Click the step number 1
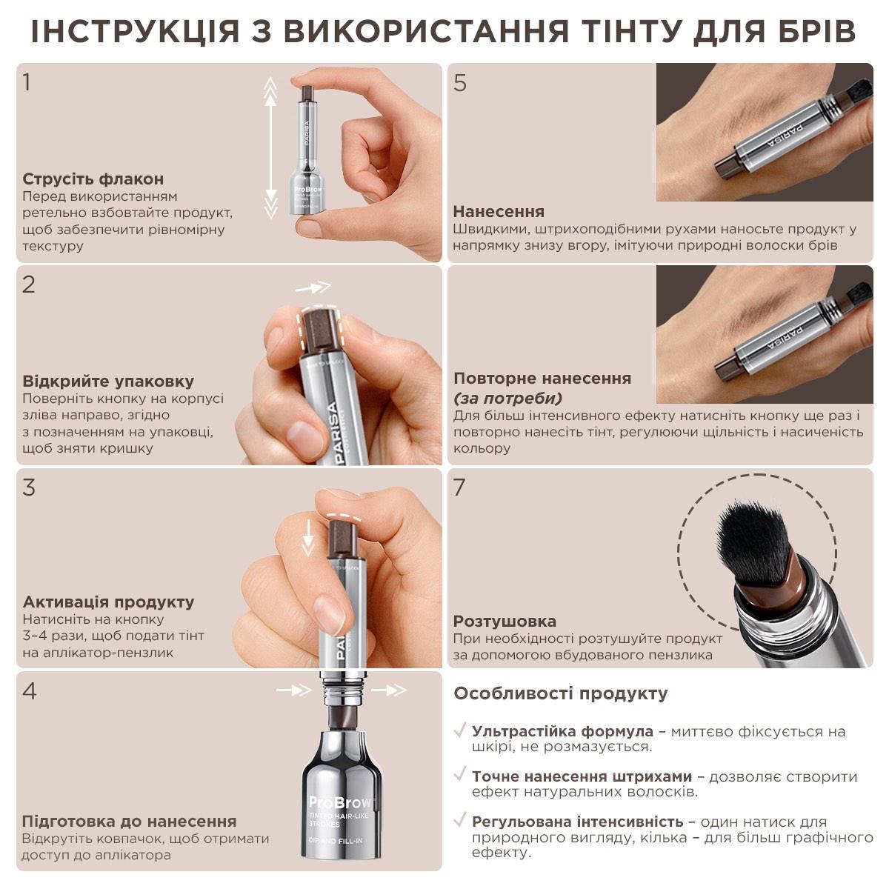pyautogui.click(x=27, y=82)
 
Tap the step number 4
pyautogui.click(x=30, y=691)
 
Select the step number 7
pyautogui.click(x=460, y=488)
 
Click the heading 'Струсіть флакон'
pyautogui.click(x=93, y=179)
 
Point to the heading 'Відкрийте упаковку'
pyautogui.click(x=108, y=382)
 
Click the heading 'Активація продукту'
pyautogui.click(x=108, y=602)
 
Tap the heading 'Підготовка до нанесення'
pyautogui.click(x=130, y=821)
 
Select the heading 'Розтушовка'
pyautogui.click(x=505, y=621)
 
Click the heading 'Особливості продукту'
pyautogui.click(x=561, y=693)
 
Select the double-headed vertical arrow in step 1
pyautogui.click(x=271, y=148)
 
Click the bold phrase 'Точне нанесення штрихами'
pyautogui.click(x=582, y=776)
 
